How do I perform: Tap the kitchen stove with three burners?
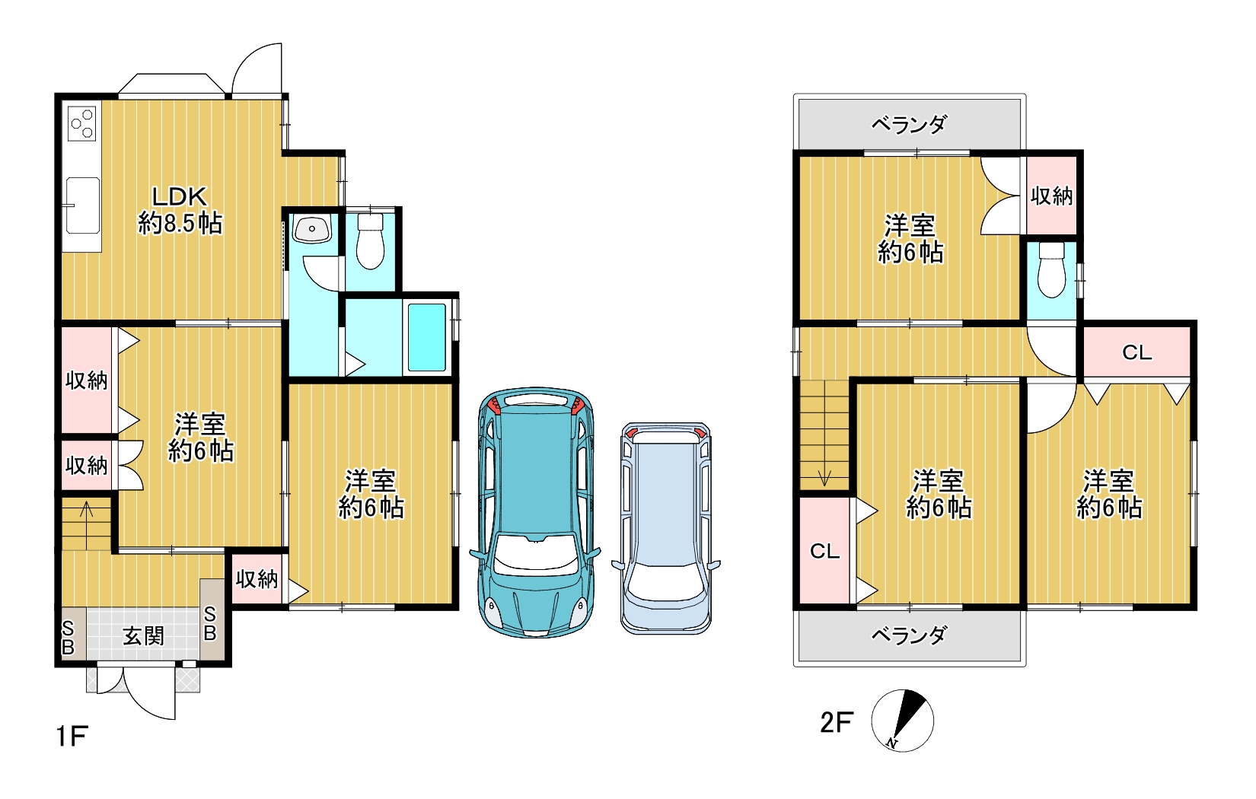82,123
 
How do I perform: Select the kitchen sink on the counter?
82,205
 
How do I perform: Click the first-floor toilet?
370,242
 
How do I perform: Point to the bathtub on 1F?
427,337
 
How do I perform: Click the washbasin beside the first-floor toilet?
312,229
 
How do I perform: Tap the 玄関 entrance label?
144,636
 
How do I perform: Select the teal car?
535,511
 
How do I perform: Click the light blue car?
666,528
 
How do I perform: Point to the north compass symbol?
902,721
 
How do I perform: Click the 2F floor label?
837,722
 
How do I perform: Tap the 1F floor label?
72,736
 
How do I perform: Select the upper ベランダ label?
910,125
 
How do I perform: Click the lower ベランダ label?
910,635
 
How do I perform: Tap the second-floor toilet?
1051,269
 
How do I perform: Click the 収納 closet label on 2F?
1052,196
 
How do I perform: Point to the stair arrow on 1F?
86,525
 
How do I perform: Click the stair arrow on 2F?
824,434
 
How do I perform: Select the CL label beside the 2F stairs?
825,551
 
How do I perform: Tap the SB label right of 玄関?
209,623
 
